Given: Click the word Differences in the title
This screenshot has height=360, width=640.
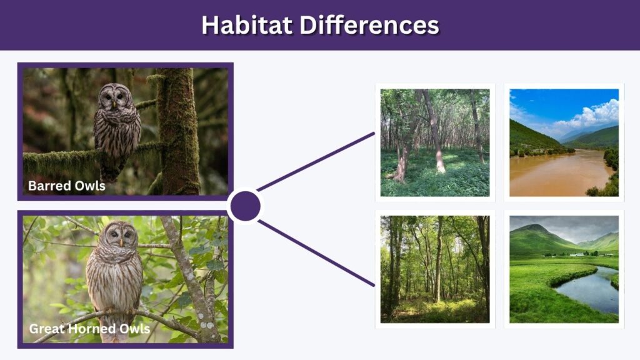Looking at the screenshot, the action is [x=369, y=25].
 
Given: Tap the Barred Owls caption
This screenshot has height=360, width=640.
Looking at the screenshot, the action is [x=66, y=186].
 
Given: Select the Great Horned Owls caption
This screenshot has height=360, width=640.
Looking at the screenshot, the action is [x=89, y=329].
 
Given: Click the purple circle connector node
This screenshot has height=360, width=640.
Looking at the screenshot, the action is [x=245, y=206].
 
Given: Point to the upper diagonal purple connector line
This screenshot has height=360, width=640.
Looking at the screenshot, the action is [x=316, y=162].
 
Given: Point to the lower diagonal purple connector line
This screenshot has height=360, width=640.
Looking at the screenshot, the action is [x=316, y=253].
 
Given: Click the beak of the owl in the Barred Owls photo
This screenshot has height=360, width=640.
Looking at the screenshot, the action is [x=114, y=104].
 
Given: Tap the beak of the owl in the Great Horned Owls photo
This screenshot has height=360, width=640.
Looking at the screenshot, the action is [x=121, y=242].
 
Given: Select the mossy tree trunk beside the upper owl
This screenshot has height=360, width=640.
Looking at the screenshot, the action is [x=178, y=131].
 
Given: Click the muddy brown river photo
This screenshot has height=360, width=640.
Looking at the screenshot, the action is [x=564, y=142].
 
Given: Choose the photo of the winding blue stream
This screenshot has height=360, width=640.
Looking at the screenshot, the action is [x=564, y=269].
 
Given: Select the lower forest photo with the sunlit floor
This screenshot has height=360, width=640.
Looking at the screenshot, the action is [x=435, y=269].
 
